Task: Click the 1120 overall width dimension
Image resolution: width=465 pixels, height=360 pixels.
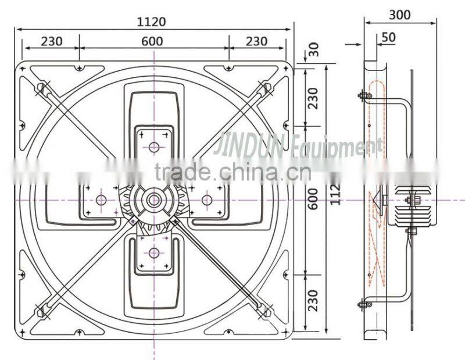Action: click(152, 22)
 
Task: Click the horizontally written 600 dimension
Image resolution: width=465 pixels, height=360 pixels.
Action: click(152, 41)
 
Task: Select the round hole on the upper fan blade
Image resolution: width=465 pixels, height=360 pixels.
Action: click(154, 147)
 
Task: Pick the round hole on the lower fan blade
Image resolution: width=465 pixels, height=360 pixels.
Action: click(154, 252)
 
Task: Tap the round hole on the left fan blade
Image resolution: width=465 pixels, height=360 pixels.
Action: click(101, 200)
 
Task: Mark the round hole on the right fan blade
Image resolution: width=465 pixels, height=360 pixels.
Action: click(206, 200)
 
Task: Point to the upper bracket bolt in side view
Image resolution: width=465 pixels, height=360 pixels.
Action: click(364, 95)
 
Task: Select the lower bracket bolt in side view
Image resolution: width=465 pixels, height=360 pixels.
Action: click(364, 304)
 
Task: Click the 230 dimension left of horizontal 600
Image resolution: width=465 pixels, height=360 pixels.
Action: click(51, 41)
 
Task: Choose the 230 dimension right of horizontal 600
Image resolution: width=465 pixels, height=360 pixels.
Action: click(256, 41)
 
